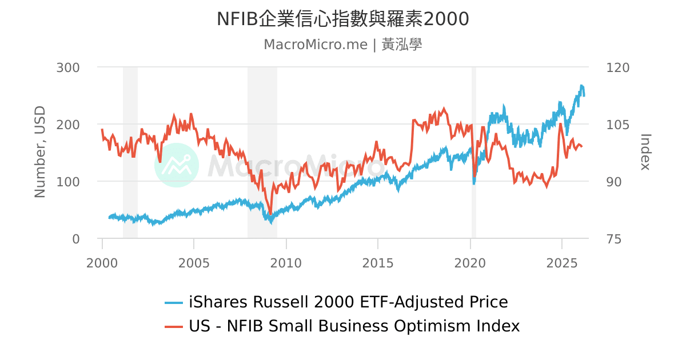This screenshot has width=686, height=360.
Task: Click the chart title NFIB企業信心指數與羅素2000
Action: click(342, 19)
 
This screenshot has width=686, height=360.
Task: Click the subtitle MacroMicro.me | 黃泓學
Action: click(342, 45)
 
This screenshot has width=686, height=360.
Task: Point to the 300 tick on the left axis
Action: click(68, 67)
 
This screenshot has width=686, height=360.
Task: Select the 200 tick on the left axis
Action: click(68, 125)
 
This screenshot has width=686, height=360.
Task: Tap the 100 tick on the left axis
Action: click(68, 182)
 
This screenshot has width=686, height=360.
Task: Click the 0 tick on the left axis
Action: click(75, 239)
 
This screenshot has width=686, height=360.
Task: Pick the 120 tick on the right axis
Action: click(617, 67)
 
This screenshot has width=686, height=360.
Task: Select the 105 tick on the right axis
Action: click(617, 125)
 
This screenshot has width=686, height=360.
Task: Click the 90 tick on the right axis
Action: click(614, 182)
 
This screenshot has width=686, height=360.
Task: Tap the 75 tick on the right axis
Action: click(614, 239)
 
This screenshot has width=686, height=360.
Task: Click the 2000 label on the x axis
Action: click(102, 263)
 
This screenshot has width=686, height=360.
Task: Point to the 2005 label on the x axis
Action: click(194, 263)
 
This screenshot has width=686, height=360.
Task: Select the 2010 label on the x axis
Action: click(286, 263)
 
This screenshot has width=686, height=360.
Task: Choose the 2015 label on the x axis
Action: click(378, 263)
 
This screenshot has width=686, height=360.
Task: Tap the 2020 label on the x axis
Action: click(470, 263)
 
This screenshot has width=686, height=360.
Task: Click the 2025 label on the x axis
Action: click(562, 263)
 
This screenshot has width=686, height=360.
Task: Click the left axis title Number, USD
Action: click(39, 152)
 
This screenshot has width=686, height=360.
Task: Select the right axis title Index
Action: click(645, 152)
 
